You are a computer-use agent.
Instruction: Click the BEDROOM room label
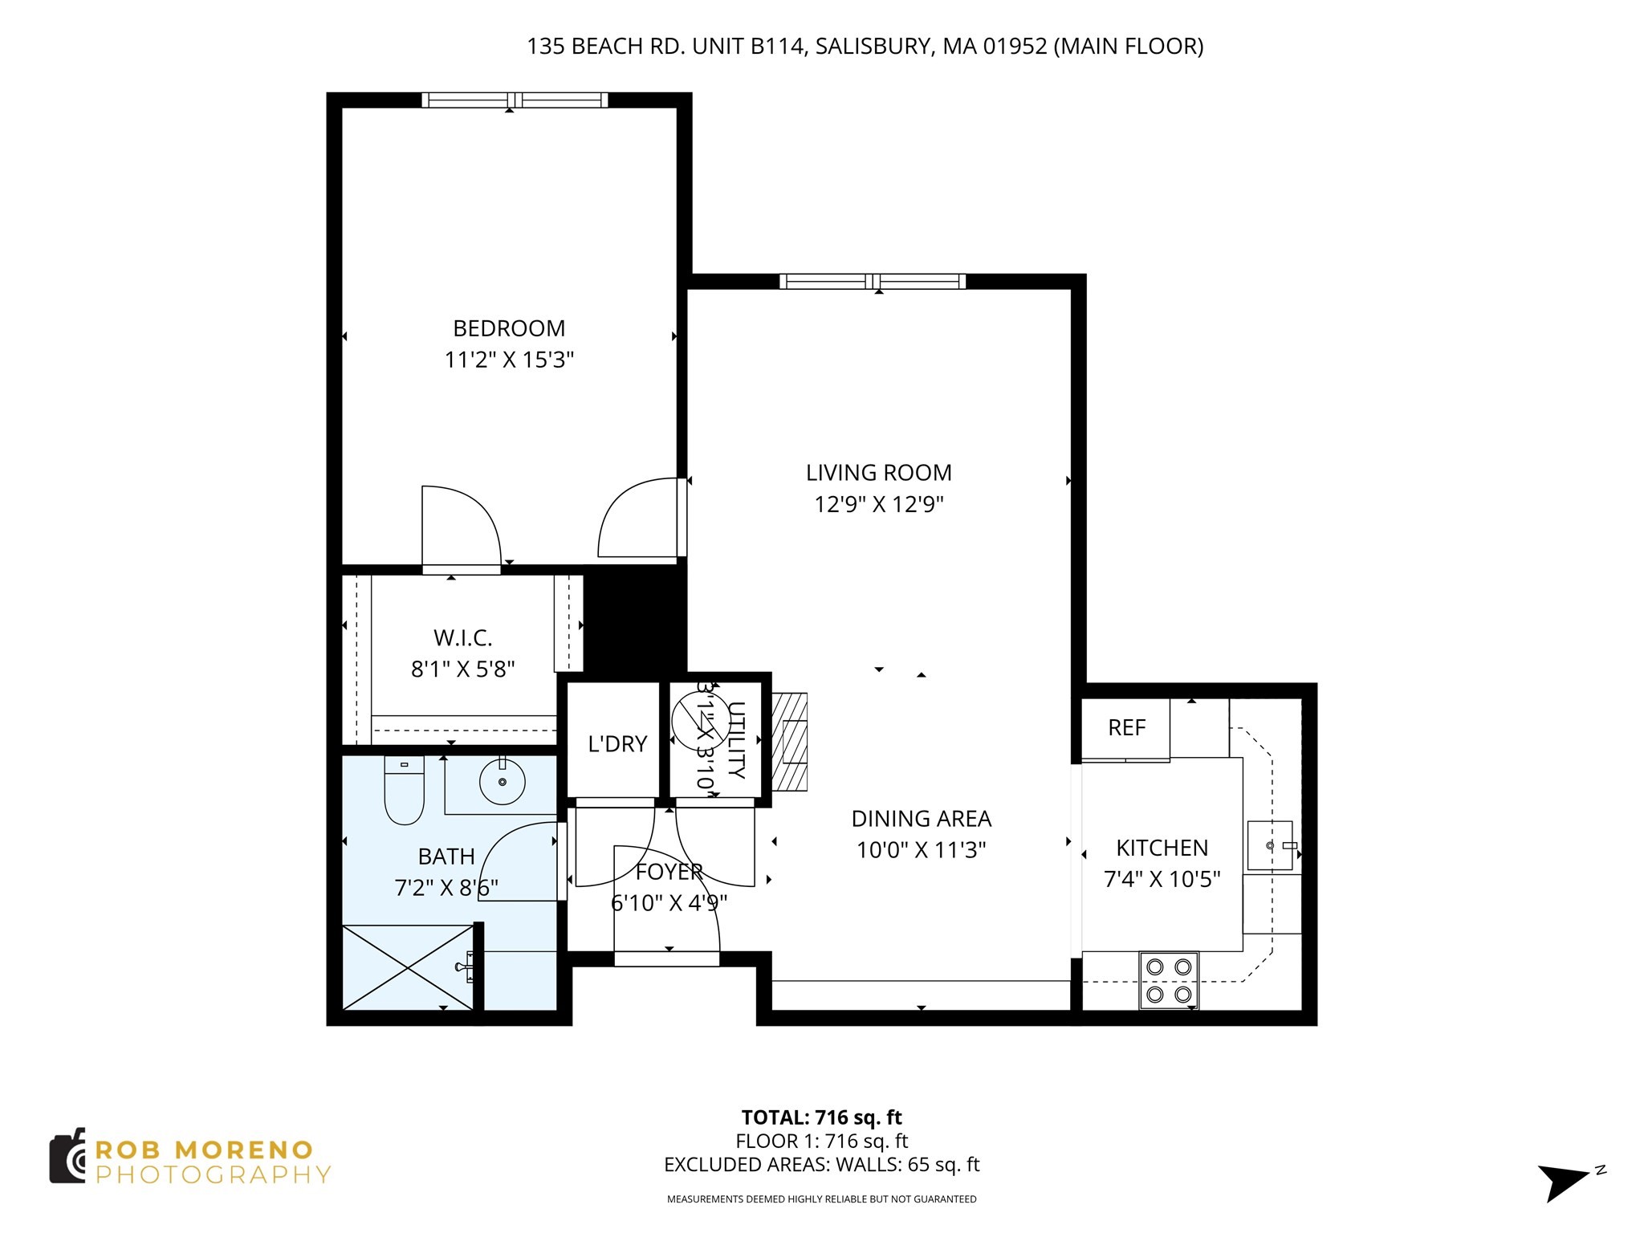(509, 328)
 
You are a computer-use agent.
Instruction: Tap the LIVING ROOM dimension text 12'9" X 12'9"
(879, 505)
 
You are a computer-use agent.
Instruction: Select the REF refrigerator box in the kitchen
(1125, 728)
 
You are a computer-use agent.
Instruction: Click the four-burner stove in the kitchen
(1168, 980)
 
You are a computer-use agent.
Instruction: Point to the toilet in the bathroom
(404, 790)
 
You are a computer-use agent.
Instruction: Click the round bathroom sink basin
(503, 782)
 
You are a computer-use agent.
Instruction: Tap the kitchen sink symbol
(1270, 845)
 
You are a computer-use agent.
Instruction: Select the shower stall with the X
(408, 967)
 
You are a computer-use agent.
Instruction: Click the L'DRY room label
(617, 744)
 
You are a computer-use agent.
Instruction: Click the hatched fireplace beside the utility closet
(791, 741)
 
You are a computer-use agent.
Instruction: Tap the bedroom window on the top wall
(515, 100)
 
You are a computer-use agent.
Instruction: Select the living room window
(873, 282)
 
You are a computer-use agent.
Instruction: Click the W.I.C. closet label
(462, 638)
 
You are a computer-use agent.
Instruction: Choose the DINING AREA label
(921, 819)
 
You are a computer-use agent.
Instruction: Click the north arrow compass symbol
(1564, 1182)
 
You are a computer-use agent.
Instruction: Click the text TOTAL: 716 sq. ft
(821, 1117)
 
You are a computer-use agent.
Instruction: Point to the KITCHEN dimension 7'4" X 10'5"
(1162, 879)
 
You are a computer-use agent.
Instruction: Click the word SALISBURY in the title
(873, 47)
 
